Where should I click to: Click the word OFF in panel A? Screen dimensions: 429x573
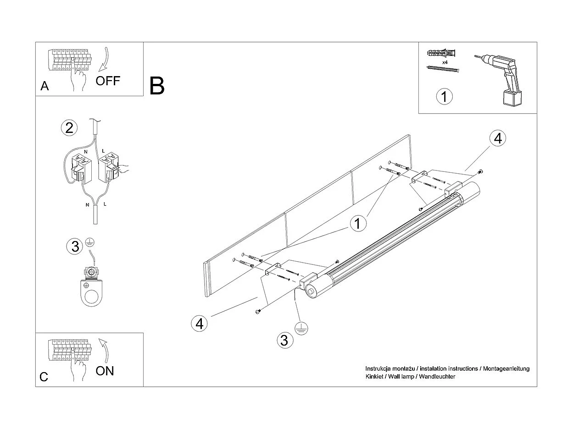coord(108,81)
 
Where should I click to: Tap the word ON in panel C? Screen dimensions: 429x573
coord(105,371)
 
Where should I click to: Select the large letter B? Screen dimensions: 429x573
coord(157,86)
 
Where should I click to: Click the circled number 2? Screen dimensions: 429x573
coord(69,128)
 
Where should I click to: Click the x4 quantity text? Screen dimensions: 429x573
coord(445,61)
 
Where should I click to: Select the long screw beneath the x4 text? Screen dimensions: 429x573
coord(443,70)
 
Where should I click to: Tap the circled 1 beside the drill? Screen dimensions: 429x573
coord(444,97)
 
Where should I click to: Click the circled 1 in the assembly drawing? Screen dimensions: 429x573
coord(358,224)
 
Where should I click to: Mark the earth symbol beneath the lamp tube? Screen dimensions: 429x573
coord(301,328)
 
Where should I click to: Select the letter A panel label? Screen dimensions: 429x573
coord(45,86)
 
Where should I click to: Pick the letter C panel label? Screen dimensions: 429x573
coord(44,377)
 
